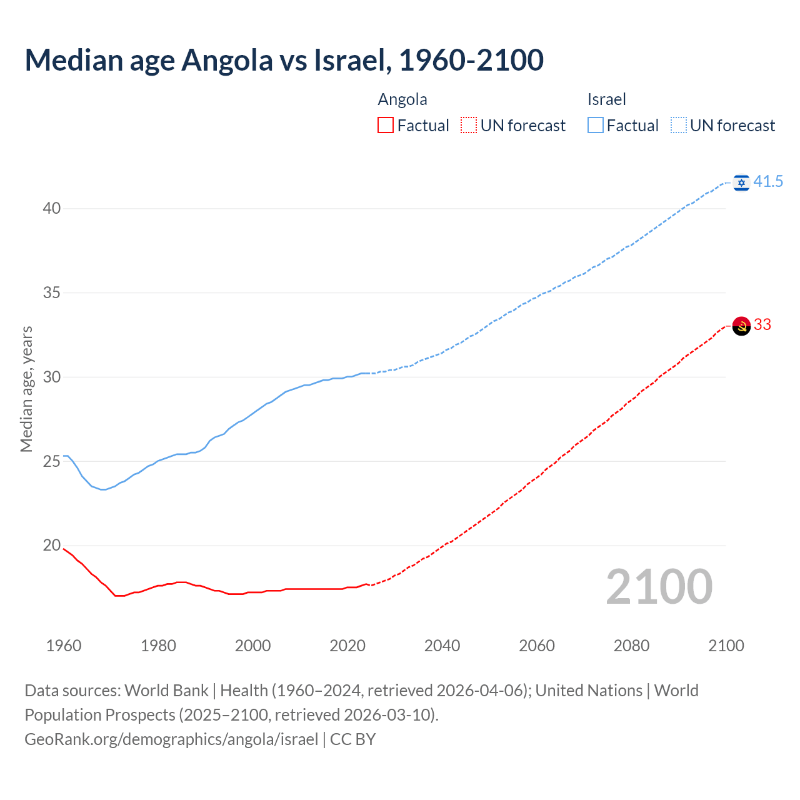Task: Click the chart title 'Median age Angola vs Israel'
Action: [x=284, y=61]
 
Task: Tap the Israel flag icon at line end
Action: [x=741, y=182]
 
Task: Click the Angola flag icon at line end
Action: [x=741, y=326]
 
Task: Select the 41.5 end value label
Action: [x=768, y=182]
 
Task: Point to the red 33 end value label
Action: [x=762, y=325]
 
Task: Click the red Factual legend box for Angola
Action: [x=386, y=126]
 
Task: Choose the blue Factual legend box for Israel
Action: [x=595, y=126]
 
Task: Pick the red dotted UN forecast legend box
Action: [x=469, y=126]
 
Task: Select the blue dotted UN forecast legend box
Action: [x=678, y=126]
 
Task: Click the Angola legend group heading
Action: [x=402, y=99]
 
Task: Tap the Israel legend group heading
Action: [x=606, y=99]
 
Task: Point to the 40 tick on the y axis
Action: [x=51, y=208]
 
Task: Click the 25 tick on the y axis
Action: [x=51, y=461]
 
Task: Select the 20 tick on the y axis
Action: [x=51, y=546]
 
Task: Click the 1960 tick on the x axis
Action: [x=64, y=646]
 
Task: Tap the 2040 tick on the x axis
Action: [x=442, y=646]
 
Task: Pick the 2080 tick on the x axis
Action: [x=631, y=646]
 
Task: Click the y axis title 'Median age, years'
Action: [x=26, y=389]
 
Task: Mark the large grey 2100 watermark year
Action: [x=659, y=587]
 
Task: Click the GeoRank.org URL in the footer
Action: [x=171, y=739]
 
